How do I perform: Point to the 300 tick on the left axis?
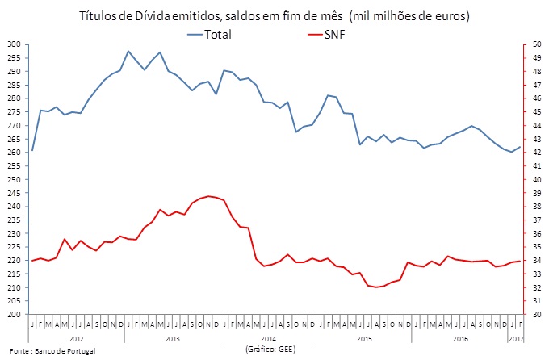(x=15, y=44)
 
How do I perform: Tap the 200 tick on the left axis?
(x=15, y=314)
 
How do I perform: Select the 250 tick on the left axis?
(x=15, y=179)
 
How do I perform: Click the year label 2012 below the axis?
(x=77, y=339)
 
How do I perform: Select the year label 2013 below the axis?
(x=172, y=339)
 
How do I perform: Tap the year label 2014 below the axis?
(x=268, y=339)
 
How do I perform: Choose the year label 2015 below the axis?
(x=364, y=339)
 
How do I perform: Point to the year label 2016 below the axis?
(x=460, y=339)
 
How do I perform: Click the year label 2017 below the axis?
(x=516, y=339)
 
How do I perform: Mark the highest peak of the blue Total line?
(x=128, y=51)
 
